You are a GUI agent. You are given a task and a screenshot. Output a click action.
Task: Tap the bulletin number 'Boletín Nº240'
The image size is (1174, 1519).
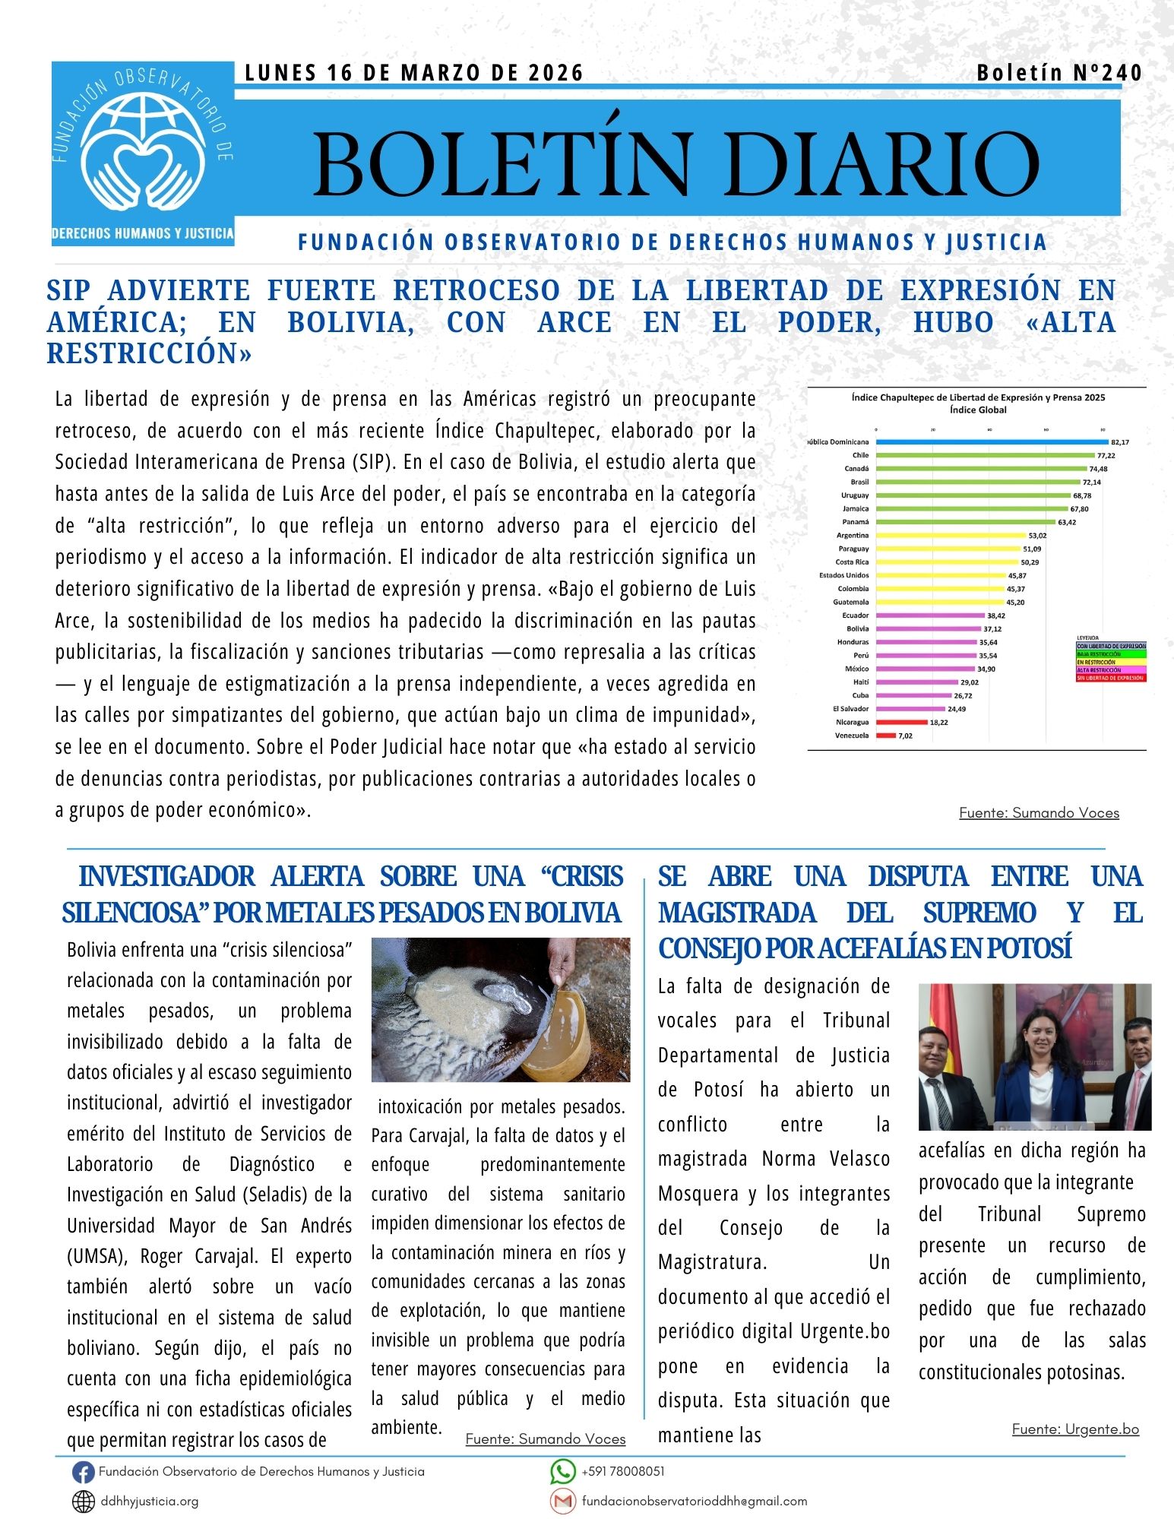1059,73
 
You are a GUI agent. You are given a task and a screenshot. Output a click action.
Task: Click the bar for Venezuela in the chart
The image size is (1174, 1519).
886,736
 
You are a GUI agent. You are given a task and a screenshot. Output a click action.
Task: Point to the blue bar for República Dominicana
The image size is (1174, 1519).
992,441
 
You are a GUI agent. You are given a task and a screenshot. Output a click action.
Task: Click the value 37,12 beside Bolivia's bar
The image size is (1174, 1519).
992,629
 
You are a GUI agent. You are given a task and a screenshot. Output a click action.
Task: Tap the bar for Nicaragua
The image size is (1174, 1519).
901,722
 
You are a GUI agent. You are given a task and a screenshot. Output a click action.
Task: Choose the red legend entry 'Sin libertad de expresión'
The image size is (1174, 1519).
1110,677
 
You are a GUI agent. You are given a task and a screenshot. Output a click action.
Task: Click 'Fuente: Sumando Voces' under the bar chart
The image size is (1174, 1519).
1039,813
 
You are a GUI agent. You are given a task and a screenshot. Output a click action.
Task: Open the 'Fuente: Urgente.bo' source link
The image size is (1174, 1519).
1075,1429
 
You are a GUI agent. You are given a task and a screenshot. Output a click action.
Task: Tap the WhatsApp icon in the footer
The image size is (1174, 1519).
562,1472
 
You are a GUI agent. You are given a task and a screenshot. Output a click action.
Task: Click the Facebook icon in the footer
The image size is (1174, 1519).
83,1473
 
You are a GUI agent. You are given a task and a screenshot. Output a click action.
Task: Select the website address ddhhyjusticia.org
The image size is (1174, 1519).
150,1502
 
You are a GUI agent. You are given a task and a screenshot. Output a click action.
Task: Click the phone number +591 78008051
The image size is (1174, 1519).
622,1471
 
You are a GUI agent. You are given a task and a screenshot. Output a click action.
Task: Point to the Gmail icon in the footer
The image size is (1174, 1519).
562,1501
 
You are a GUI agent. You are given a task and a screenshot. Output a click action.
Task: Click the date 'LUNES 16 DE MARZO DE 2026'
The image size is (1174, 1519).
414,73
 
